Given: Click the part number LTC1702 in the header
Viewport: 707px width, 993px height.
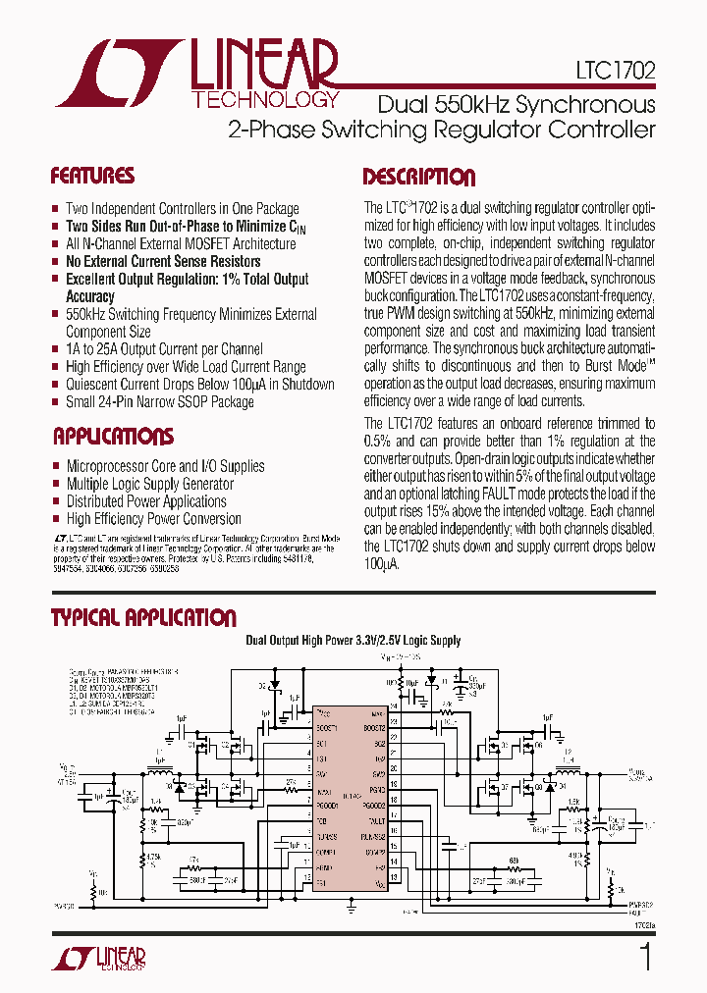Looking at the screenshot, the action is point(616,73).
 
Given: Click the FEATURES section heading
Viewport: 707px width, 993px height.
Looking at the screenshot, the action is point(92,177).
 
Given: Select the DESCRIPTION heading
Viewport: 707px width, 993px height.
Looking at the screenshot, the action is point(419,178).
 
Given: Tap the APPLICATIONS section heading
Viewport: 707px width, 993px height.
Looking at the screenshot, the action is point(113,437).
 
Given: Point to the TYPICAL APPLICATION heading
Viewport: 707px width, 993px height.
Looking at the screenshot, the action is point(143,618).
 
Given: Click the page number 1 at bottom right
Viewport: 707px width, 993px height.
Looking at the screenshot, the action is point(645,957).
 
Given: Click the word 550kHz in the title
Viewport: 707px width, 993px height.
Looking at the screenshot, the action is point(472,104).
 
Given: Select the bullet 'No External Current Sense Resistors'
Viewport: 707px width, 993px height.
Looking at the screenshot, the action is point(163,261).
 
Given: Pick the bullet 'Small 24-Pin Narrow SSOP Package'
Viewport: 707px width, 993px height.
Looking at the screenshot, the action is point(160,401).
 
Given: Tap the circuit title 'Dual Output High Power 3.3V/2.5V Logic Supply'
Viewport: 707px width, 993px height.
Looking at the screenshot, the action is point(353,641).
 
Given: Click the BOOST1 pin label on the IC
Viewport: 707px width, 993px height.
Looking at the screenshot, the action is point(326,727).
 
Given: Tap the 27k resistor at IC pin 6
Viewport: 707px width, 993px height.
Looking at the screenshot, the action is point(292,782).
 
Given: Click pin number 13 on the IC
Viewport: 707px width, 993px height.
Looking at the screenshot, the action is point(394,876).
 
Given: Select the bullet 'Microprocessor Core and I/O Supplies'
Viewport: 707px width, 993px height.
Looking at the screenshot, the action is point(165,466).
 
